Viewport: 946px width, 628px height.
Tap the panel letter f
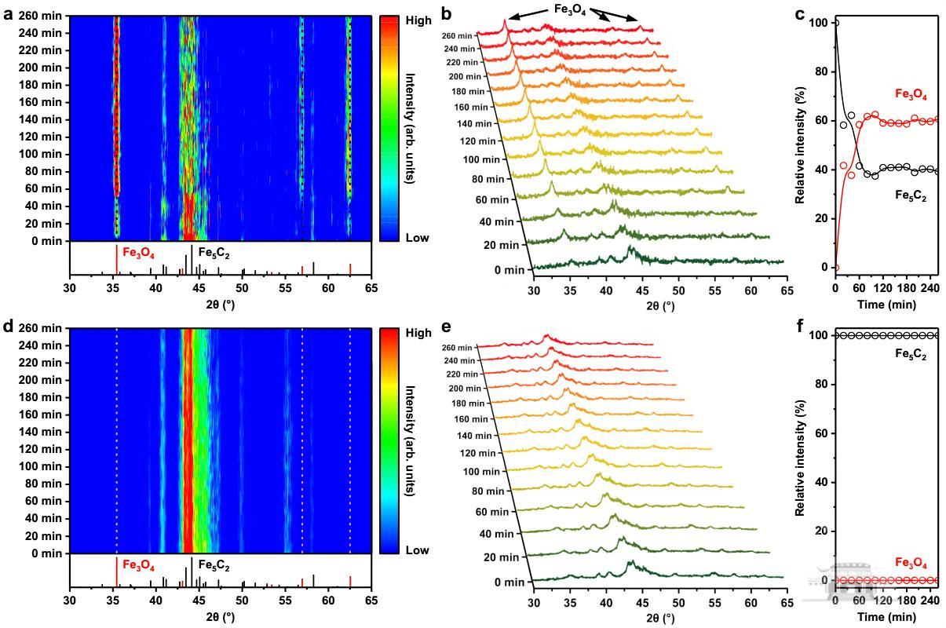[x=800, y=325]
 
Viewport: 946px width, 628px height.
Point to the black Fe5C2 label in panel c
[x=911, y=197]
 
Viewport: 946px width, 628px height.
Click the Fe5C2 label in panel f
[x=911, y=353]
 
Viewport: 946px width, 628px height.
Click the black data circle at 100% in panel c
[x=835, y=23]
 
